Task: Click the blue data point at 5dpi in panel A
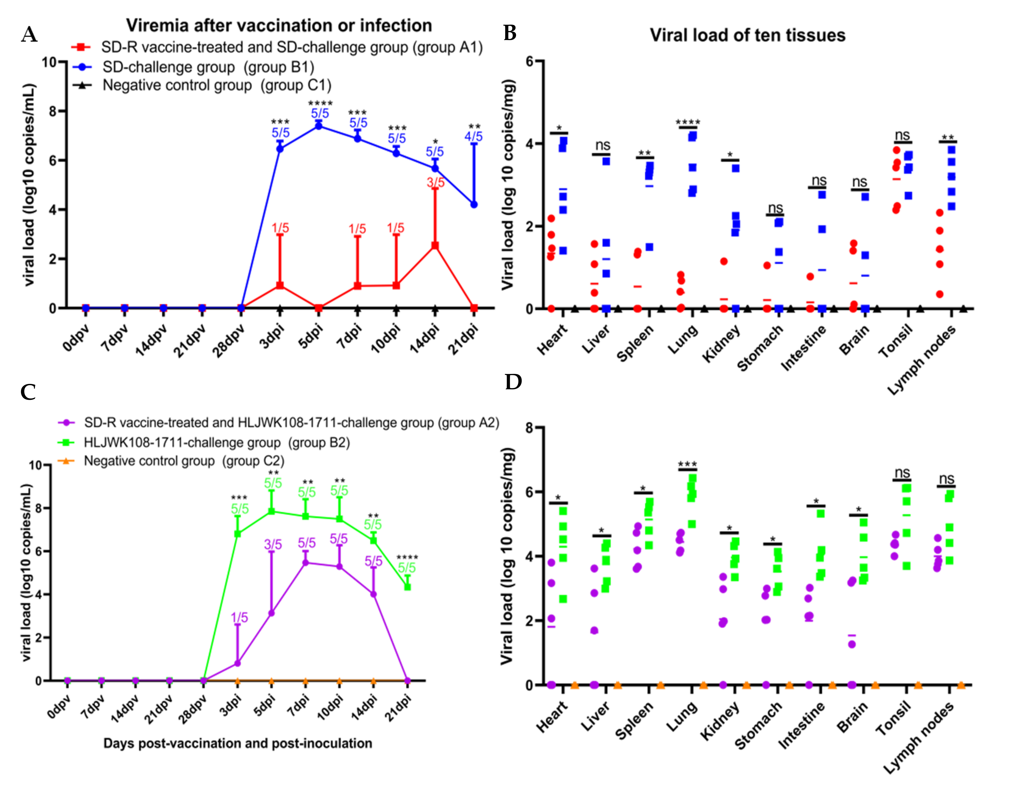click(x=319, y=126)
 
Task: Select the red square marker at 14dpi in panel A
click(x=435, y=245)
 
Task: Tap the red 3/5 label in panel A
click(x=435, y=183)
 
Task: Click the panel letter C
click(x=28, y=392)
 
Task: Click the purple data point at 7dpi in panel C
click(x=305, y=563)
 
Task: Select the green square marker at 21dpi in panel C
click(x=407, y=586)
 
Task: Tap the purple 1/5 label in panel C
click(x=239, y=617)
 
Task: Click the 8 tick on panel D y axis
click(x=529, y=427)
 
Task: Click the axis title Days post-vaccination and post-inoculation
click(x=238, y=743)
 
